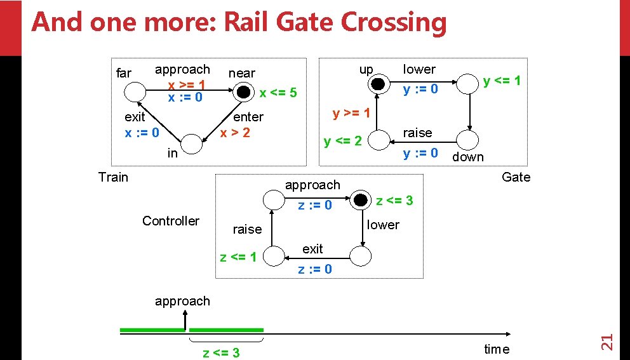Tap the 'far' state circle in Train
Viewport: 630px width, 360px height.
point(135,93)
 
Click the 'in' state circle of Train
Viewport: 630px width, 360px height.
point(192,143)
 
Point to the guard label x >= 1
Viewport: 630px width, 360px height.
point(185,84)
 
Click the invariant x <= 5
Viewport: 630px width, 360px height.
point(278,93)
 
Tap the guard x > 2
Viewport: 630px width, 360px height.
point(234,132)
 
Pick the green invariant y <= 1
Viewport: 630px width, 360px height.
point(501,81)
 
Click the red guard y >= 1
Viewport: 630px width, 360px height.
point(351,114)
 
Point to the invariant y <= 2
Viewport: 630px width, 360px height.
point(342,140)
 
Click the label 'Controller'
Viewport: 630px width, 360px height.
point(170,220)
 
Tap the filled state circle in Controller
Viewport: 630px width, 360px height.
point(361,201)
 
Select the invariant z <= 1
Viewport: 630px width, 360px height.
point(238,257)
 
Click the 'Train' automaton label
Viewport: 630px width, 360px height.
point(113,177)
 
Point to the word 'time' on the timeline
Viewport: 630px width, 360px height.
point(496,349)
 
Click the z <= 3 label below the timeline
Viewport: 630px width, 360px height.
point(221,352)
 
